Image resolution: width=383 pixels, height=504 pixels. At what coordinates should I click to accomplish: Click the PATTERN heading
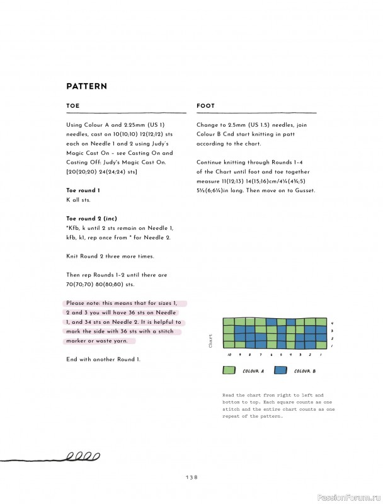pos(86,86)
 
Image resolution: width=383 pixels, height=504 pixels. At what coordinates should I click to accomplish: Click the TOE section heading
pos(73,106)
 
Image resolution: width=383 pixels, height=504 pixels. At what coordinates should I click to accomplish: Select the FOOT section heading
pos(205,106)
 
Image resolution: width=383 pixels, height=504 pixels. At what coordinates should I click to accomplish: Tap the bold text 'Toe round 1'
pos(83,190)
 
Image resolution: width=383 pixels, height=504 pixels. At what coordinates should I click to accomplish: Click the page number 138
pos(191,477)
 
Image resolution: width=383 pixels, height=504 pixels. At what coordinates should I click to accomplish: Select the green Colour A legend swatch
pos(229,370)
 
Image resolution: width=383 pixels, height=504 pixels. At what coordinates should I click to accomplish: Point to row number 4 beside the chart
pos(332,323)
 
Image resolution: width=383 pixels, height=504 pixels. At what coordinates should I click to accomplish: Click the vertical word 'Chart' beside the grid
pos(210,341)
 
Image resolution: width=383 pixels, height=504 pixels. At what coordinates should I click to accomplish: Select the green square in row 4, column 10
pos(229,322)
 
